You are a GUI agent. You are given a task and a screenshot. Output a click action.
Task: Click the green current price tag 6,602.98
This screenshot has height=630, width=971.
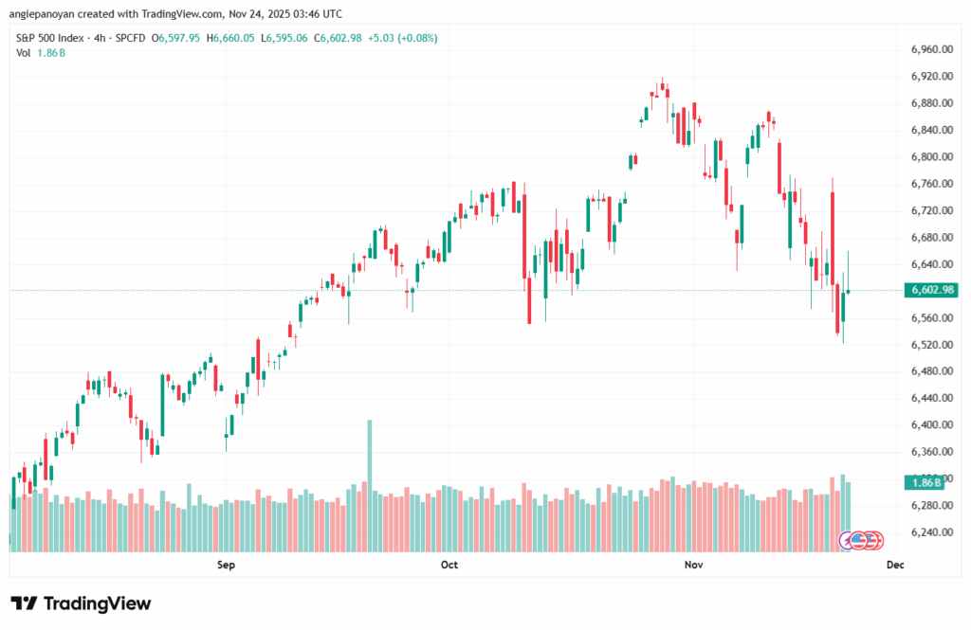pos(930,290)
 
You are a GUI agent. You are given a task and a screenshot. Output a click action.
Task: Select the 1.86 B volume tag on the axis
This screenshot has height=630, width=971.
pos(925,482)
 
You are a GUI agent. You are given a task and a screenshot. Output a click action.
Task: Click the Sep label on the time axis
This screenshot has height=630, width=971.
pos(226,566)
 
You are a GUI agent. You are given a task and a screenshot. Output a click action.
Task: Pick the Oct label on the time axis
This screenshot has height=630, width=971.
pos(449,566)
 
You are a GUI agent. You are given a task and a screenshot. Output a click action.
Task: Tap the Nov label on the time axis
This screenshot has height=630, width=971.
pos(693,566)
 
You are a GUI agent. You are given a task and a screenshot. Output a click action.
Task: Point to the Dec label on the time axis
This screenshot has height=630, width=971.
pos(894,566)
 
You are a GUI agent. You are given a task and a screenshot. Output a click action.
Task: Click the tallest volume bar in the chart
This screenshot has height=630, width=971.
pos(370,483)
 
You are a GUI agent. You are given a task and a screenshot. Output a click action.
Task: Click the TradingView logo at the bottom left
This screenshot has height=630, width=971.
pos(81,603)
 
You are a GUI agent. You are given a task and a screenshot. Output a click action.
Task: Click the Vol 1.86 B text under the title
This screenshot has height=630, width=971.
pos(41,53)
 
